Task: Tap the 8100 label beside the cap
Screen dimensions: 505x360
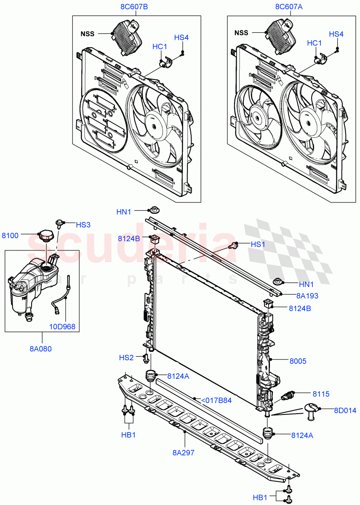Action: (11, 236)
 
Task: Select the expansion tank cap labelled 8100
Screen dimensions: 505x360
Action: (44, 236)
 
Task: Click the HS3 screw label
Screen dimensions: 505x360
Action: (83, 225)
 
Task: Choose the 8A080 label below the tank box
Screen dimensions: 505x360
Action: (41, 348)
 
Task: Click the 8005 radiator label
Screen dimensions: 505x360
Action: (299, 361)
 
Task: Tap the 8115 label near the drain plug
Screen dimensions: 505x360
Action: (321, 394)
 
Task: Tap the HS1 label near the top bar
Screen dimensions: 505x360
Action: (259, 244)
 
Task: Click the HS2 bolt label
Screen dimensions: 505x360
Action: (126, 358)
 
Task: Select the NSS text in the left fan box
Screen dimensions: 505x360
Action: (88, 33)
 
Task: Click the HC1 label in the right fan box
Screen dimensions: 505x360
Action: (314, 43)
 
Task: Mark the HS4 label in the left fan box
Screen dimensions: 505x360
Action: (181, 37)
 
